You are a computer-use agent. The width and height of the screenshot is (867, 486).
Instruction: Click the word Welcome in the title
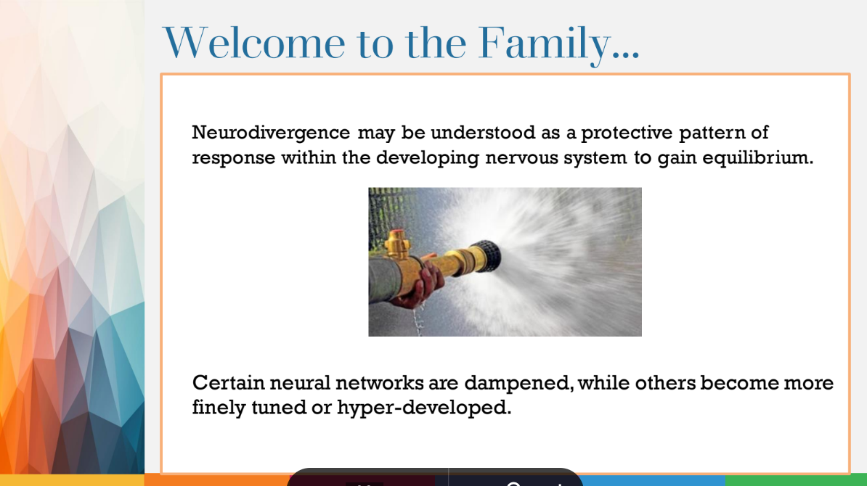point(255,43)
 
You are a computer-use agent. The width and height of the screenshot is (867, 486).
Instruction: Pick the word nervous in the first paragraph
point(516,158)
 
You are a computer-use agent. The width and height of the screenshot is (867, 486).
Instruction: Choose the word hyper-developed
point(424,408)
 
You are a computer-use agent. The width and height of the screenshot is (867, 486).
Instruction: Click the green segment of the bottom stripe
point(796,480)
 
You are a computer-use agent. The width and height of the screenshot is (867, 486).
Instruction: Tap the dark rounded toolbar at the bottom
point(436,478)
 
